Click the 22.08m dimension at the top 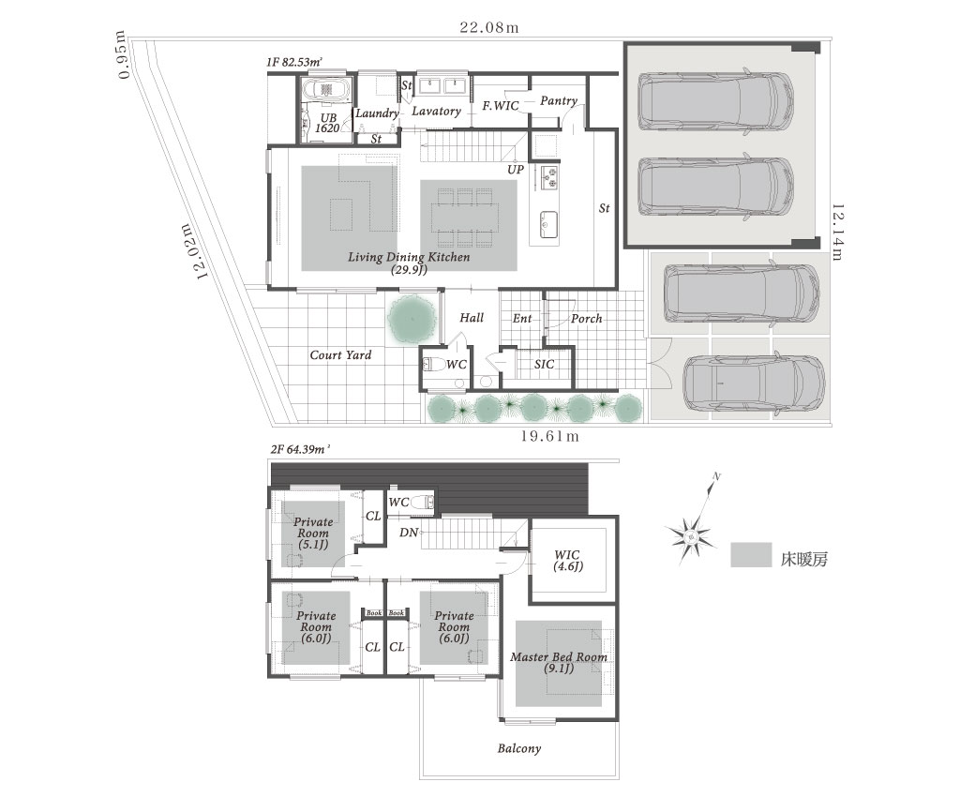click(489, 27)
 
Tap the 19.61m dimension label click(549, 436)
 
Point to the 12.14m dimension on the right click(837, 232)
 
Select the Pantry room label click(559, 100)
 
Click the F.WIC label click(501, 106)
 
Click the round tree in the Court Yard click(412, 318)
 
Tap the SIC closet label click(544, 364)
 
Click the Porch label click(586, 318)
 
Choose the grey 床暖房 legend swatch click(751, 554)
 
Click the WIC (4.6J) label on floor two click(567, 561)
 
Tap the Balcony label click(519, 748)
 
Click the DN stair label click(409, 533)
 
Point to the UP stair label click(516, 169)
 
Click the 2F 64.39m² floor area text click(300, 449)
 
